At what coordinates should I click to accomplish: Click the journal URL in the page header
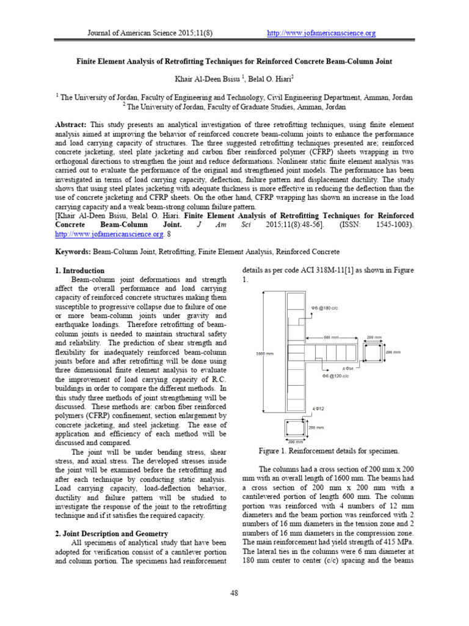pos(322,33)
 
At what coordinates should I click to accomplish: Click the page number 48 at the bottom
pos(234,592)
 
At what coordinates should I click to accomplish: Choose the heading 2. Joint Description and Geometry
pos(111,534)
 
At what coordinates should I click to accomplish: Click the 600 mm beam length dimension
pos(331,337)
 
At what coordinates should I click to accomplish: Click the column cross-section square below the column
pos(294,429)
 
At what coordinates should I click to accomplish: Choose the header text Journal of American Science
pos(135,33)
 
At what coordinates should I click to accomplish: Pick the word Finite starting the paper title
pos(89,62)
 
